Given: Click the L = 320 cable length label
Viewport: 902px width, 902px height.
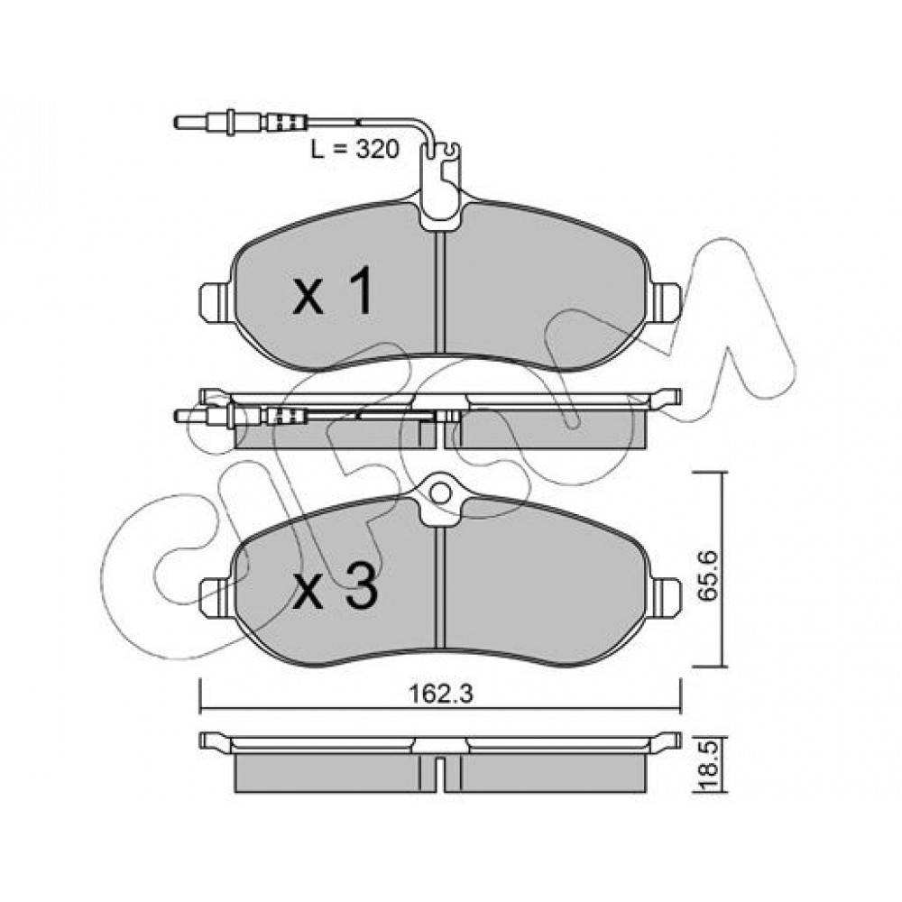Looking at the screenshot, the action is point(354,149).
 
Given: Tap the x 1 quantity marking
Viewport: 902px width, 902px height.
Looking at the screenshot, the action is point(333,293).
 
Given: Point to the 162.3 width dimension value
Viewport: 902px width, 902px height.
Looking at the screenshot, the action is point(441,695).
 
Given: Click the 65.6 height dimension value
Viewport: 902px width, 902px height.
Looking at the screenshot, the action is point(707,575).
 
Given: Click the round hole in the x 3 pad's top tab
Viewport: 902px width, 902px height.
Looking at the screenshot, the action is point(440,493).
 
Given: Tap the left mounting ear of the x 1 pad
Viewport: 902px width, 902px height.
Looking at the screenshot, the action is point(216,302).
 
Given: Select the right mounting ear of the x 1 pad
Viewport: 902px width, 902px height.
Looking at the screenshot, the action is point(665,302).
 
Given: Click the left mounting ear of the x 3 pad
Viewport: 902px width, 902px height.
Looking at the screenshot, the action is point(216,597).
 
